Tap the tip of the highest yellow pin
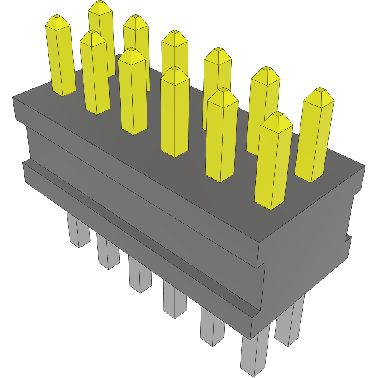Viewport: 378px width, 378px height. coord(100,2)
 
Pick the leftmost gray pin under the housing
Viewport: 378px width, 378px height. coord(78,230)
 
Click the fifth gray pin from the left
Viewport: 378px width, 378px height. coord(212,327)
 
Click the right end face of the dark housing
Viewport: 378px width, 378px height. coord(308,236)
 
